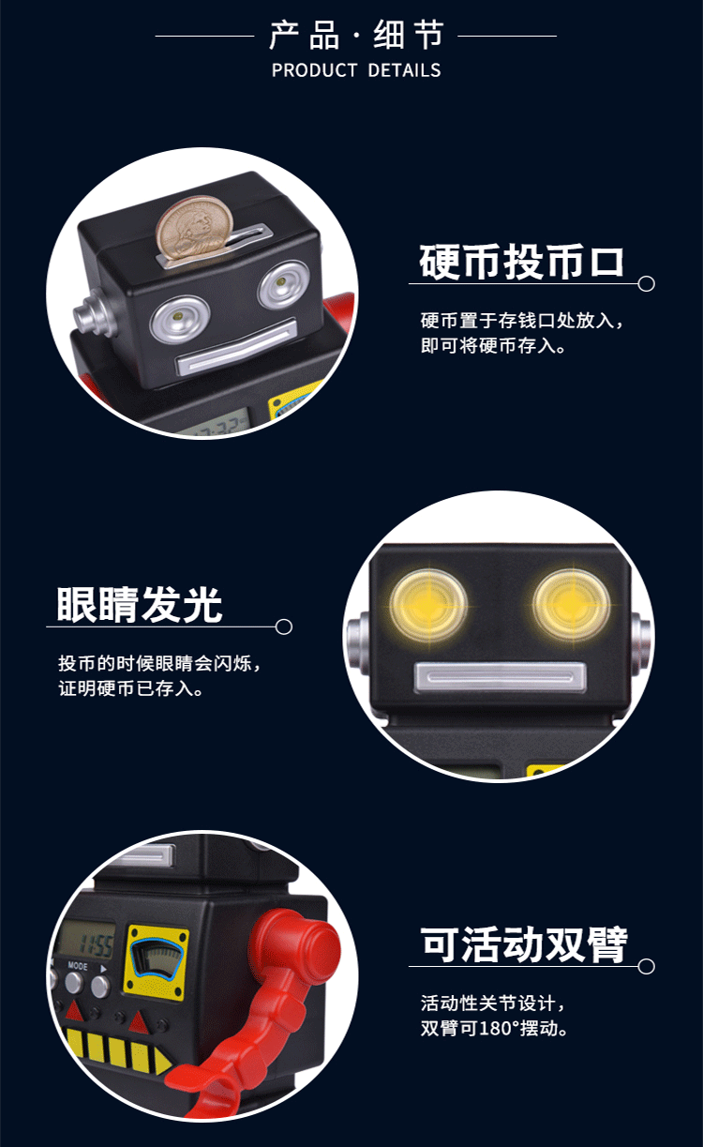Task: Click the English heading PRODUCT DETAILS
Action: (x=355, y=70)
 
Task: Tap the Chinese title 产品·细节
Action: (x=355, y=36)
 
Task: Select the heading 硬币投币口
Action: (x=521, y=262)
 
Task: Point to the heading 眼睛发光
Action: (x=140, y=605)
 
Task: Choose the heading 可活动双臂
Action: (x=524, y=945)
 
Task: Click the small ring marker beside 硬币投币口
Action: (x=646, y=283)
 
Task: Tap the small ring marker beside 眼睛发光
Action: (x=284, y=626)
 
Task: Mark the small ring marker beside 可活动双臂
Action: (x=646, y=966)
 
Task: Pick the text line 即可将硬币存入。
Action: (x=492, y=345)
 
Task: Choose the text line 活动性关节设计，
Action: (x=494, y=1003)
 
